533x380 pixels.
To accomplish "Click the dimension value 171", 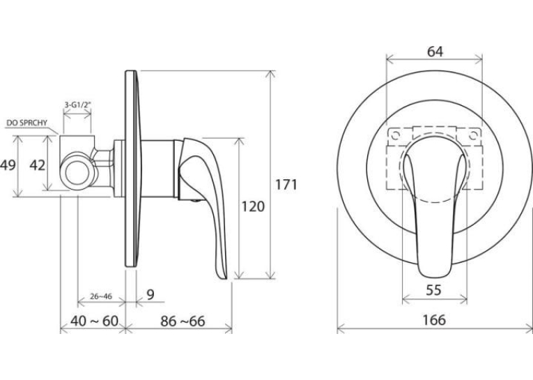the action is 286,184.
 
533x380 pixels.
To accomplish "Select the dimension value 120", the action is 252,206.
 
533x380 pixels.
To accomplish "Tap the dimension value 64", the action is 435,52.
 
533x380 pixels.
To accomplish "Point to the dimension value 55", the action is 434,290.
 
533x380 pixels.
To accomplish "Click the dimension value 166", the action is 434,320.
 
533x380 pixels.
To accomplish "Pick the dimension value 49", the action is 8,165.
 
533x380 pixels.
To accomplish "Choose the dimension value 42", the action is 37,165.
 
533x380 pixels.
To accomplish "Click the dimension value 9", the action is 150,295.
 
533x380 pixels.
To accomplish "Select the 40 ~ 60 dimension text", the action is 95,321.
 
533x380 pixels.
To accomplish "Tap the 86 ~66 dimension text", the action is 183,321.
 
